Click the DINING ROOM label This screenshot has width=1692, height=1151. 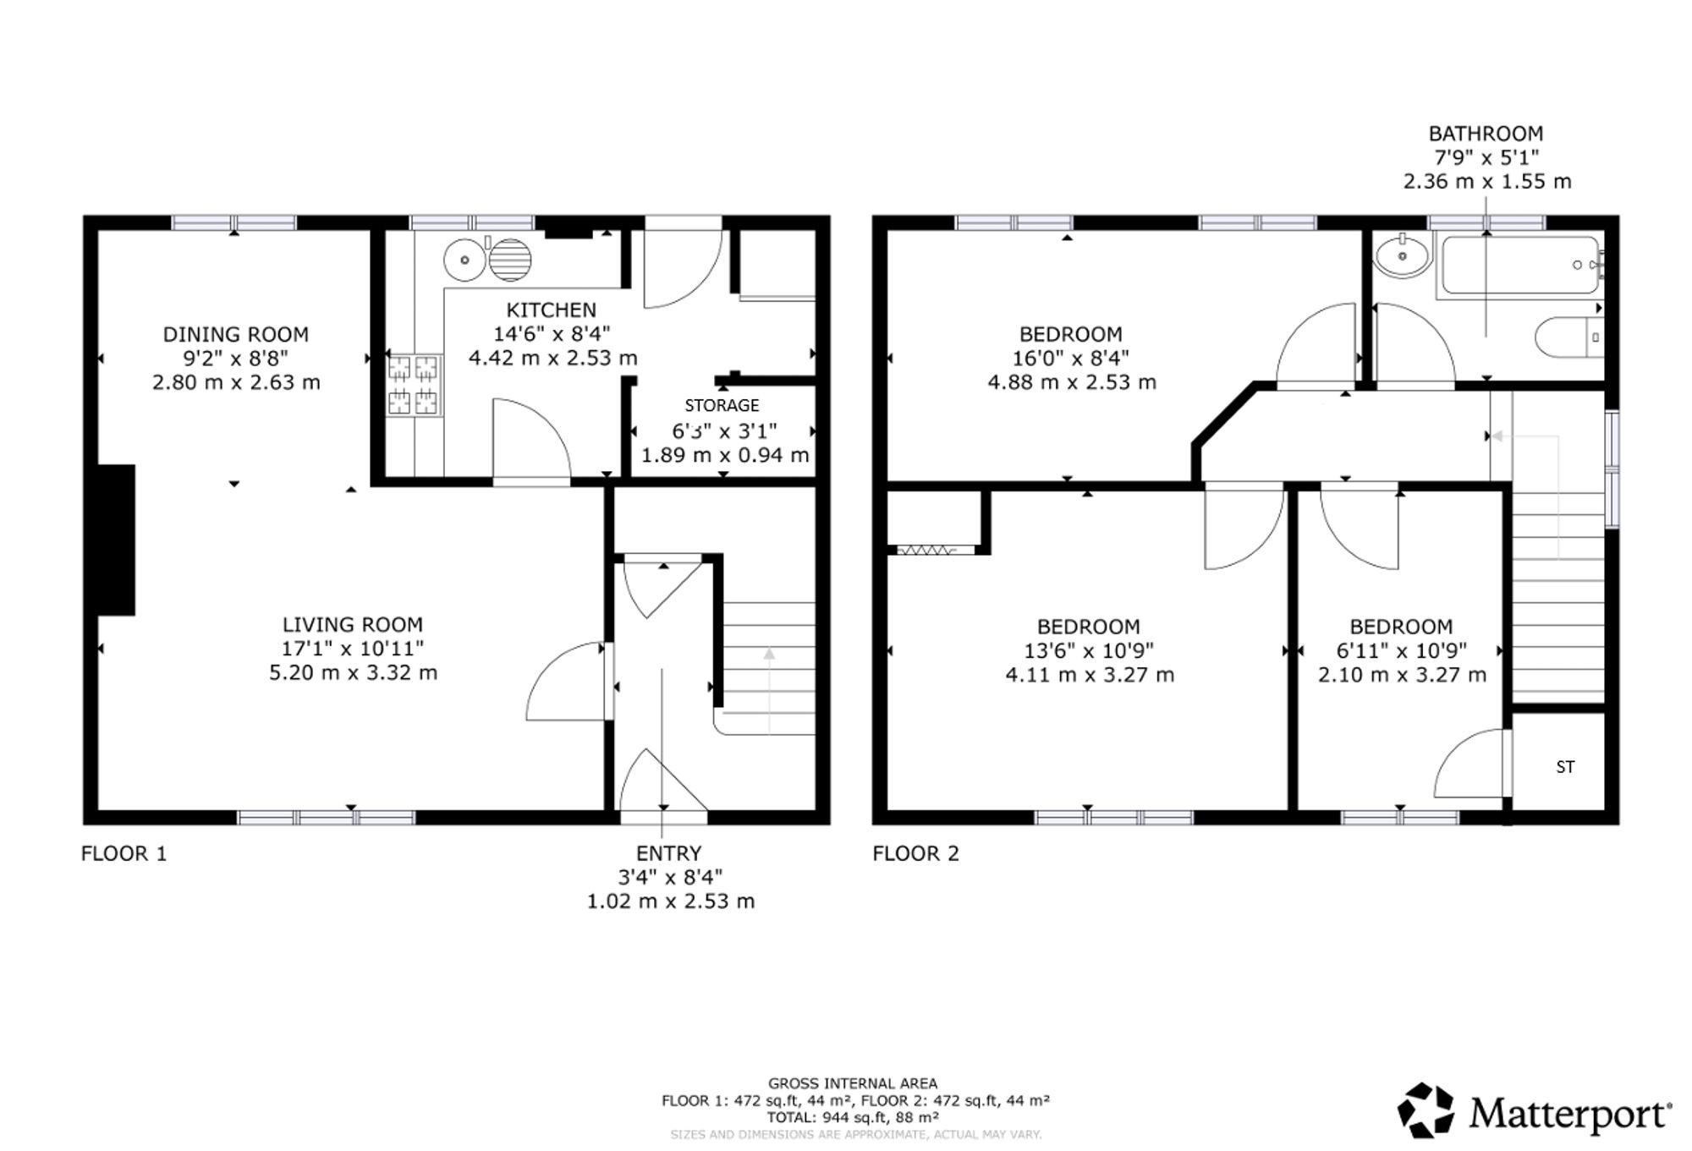(236, 334)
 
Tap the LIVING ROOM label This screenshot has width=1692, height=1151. (353, 625)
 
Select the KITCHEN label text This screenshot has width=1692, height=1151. (552, 310)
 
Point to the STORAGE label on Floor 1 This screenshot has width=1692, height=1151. (722, 405)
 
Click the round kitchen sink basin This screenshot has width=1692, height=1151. (464, 260)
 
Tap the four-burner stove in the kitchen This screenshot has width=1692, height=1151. (415, 385)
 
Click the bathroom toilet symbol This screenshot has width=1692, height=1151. (1569, 337)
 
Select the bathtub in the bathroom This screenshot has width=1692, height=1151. (1520, 266)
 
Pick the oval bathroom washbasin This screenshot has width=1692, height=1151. (1403, 255)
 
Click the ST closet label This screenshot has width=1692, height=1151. (1565, 767)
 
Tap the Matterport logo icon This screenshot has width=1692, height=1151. (1426, 1110)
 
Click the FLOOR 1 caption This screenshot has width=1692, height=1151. (124, 853)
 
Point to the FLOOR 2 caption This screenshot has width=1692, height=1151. (916, 853)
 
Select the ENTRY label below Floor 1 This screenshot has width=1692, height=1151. (669, 853)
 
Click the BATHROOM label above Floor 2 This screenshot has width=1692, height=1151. (1486, 134)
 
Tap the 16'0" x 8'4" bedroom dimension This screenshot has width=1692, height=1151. (1071, 358)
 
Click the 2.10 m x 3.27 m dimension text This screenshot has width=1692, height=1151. (1402, 675)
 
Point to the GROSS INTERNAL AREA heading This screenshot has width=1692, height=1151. (853, 1083)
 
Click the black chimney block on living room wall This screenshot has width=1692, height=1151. (116, 540)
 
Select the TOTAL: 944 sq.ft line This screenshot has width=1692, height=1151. (853, 1117)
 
